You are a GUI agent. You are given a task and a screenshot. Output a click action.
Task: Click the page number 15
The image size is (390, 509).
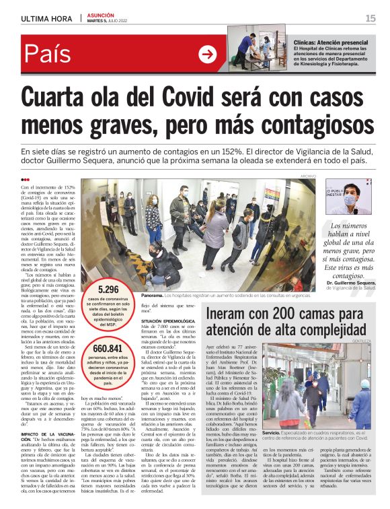coord(370,18)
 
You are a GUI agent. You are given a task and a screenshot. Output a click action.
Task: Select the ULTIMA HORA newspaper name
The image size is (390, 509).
coord(46,18)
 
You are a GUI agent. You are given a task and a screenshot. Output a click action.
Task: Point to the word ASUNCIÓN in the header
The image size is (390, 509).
coord(101,15)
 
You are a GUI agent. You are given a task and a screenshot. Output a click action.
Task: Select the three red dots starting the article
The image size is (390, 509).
coord(26,179)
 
